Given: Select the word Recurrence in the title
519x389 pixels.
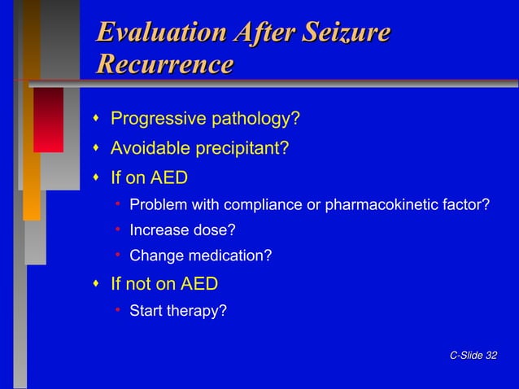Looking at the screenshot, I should pyautogui.click(x=164, y=64).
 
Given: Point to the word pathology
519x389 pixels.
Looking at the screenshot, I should pyautogui.click(x=256, y=120).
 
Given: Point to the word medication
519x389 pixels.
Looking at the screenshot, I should pyautogui.click(x=230, y=256).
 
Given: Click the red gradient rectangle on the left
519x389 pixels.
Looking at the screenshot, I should pyautogui.click(x=48, y=120).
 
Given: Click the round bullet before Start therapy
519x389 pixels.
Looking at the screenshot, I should pyautogui.click(x=118, y=310).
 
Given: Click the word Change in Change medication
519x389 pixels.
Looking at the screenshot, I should pyautogui.click(x=157, y=256).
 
